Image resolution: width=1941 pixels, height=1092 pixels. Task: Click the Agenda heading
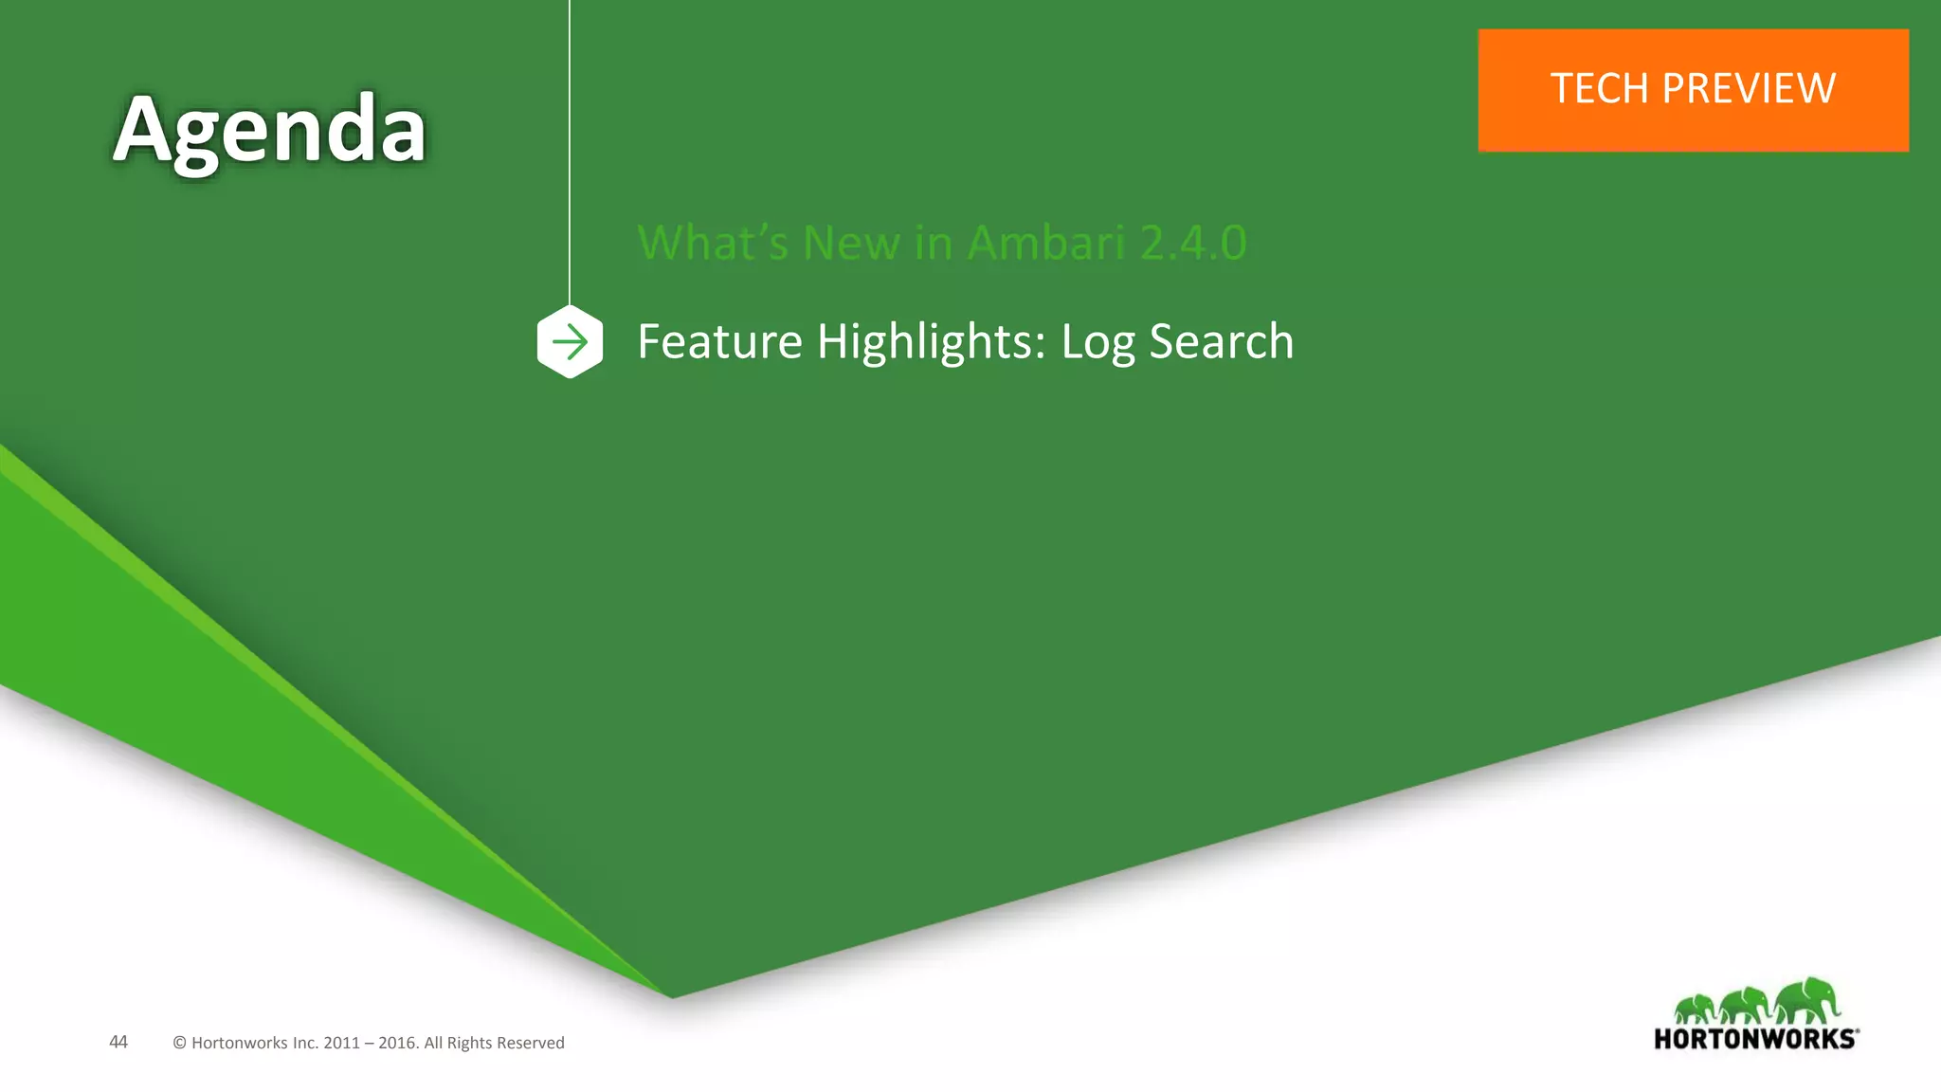click(x=269, y=131)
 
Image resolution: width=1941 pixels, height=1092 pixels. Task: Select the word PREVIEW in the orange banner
click(x=1749, y=89)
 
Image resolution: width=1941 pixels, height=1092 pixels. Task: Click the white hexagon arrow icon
click(x=570, y=342)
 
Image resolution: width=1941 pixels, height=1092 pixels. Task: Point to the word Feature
click(x=719, y=341)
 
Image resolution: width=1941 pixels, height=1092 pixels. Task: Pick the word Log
click(x=1097, y=343)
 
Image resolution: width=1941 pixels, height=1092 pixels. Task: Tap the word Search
click(x=1221, y=341)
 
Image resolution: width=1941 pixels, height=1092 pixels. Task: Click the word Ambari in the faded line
click(x=1045, y=243)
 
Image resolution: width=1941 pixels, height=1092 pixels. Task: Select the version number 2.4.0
click(x=1193, y=243)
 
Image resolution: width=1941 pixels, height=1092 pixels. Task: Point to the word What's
click(x=713, y=243)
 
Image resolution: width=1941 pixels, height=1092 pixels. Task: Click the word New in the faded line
click(x=850, y=243)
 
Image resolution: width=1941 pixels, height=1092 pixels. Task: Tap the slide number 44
click(x=118, y=1042)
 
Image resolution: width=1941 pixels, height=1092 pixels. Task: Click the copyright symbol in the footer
click(x=179, y=1043)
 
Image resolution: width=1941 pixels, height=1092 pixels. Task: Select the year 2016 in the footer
click(x=397, y=1043)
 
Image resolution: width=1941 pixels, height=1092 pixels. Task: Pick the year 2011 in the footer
click(x=341, y=1043)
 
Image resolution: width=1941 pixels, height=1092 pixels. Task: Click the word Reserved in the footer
click(x=527, y=1043)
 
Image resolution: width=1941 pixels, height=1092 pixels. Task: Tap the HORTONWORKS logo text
click(x=1755, y=1039)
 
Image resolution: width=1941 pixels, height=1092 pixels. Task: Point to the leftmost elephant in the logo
click(x=1695, y=1009)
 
